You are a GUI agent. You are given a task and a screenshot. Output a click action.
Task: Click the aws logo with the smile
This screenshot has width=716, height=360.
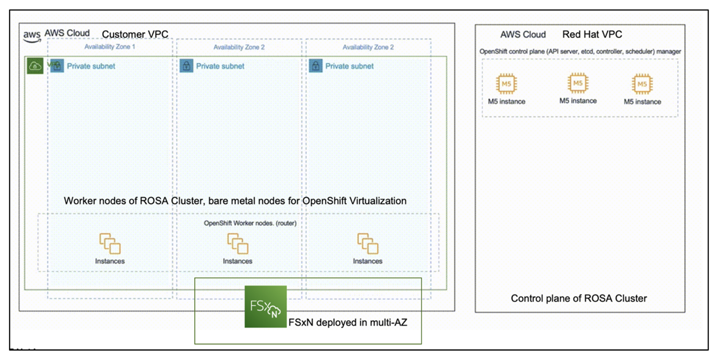pyautogui.click(x=32, y=36)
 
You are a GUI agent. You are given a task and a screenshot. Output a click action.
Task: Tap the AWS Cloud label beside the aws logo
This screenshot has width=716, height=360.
pyautogui.click(x=67, y=33)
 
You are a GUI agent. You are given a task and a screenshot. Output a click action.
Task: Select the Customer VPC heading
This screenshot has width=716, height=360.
pyautogui.click(x=135, y=34)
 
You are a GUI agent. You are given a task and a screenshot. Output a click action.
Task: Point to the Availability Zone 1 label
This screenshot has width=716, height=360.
pyautogui.click(x=110, y=47)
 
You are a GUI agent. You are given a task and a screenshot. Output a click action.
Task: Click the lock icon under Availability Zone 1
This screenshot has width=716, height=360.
pyautogui.click(x=57, y=66)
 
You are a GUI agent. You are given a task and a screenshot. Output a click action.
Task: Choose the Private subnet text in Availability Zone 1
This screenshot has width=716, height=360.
pyautogui.click(x=91, y=66)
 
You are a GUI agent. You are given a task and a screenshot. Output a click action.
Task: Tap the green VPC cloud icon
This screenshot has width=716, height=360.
pyautogui.click(x=35, y=66)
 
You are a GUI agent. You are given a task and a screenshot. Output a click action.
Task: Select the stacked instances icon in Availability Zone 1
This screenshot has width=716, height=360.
pyautogui.click(x=110, y=244)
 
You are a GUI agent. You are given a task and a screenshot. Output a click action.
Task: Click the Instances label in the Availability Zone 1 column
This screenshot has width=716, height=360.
pyautogui.click(x=110, y=261)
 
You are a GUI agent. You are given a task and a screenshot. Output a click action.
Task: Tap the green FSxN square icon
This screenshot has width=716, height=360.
pyautogui.click(x=265, y=306)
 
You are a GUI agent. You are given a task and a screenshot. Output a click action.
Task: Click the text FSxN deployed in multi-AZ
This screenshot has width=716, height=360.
pyautogui.click(x=348, y=322)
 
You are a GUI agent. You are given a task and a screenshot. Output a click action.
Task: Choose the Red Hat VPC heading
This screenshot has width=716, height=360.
pyautogui.click(x=592, y=34)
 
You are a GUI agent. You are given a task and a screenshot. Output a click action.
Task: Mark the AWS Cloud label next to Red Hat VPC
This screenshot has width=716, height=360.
pyautogui.click(x=523, y=34)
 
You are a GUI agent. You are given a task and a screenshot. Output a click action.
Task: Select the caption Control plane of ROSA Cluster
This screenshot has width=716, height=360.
pyautogui.click(x=579, y=299)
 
